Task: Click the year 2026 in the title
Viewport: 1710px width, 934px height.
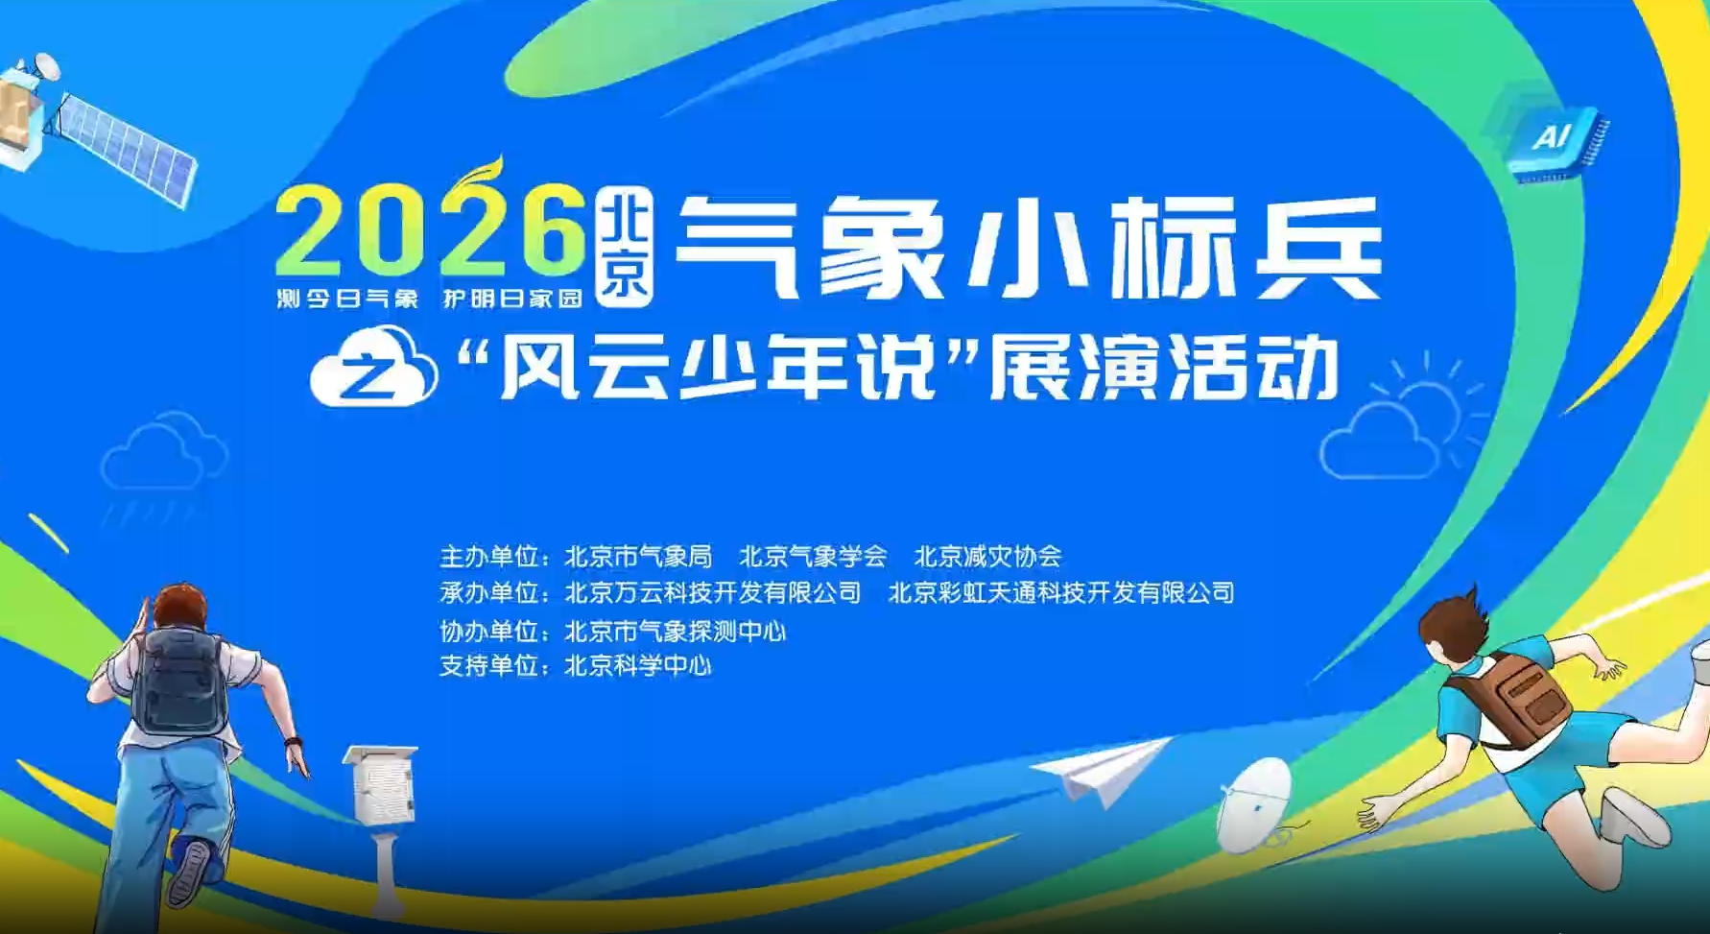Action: click(431, 229)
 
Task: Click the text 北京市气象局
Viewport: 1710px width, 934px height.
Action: click(638, 557)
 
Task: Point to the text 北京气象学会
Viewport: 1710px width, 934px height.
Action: click(813, 557)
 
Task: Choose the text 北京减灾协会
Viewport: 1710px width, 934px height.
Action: click(987, 557)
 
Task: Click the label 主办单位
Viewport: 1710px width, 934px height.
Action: click(488, 557)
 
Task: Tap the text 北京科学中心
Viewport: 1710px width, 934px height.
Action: click(638, 665)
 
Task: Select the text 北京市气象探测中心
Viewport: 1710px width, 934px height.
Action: click(676, 631)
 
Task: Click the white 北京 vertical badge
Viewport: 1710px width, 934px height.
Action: click(625, 248)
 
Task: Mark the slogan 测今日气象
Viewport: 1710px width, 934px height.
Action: click(347, 299)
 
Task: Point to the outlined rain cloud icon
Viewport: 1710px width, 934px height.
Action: click(164, 466)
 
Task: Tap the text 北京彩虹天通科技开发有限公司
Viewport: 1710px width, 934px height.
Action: click(1061, 592)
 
